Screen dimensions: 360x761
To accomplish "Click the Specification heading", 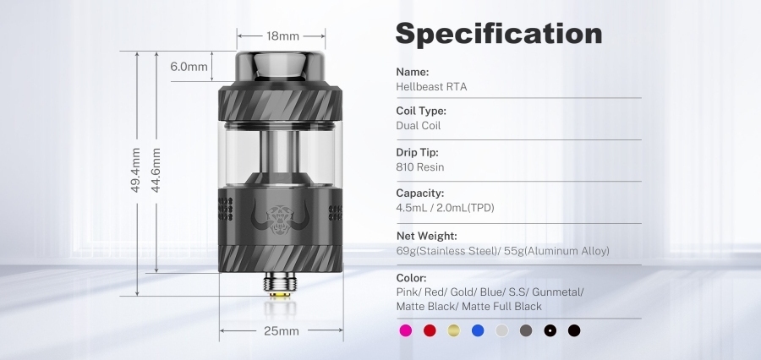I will [499, 33].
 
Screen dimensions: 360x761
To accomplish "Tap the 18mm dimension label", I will [282, 36].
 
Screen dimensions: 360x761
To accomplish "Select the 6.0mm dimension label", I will [189, 67].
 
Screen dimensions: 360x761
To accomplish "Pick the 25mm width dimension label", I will [282, 330].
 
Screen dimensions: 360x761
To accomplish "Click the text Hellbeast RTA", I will [431, 86].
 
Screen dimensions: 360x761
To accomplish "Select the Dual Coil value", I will [419, 126].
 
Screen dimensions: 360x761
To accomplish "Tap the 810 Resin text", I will [419, 167].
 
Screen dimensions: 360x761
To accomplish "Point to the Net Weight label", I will [426, 236].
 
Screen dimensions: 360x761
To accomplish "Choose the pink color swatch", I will [405, 330].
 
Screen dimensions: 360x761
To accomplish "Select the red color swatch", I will [430, 330].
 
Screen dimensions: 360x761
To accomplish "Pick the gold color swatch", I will [454, 330].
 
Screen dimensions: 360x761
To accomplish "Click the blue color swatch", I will [478, 330].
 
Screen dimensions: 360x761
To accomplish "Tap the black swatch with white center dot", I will [550, 330].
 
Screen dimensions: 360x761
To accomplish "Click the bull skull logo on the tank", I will [281, 211].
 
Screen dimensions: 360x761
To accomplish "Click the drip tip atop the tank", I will [281, 67].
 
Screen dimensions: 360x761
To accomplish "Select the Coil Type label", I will [421, 111].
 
